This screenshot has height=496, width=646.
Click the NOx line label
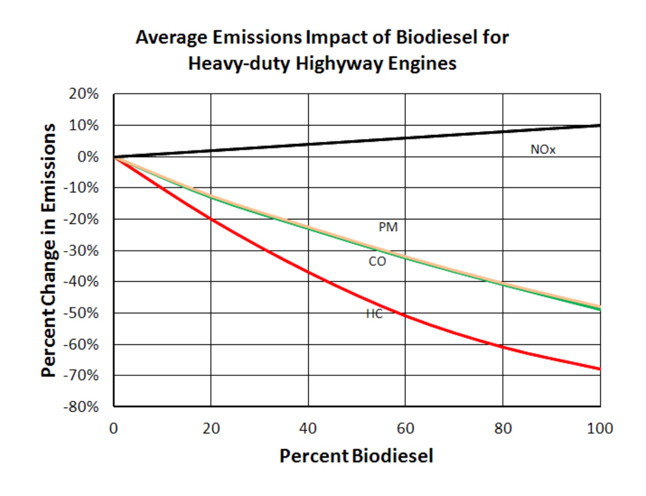pos(543,149)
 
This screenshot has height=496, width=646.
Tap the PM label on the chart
pos(388,227)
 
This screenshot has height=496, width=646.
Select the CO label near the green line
pos(377,261)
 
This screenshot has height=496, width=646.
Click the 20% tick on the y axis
pos(83,94)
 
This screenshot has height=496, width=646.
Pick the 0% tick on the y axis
pos(88,157)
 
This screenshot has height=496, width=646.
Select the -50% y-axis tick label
pos(81,313)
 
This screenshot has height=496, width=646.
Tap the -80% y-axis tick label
pos(81,407)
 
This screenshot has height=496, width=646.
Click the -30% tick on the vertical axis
pos(81,251)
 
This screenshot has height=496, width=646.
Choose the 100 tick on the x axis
pos(600,428)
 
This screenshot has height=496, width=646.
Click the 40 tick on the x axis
pos(308,428)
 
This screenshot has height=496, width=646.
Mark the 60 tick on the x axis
pos(405,428)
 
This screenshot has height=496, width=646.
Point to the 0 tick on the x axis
pos(113,428)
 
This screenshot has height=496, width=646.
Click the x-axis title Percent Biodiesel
pos(356,456)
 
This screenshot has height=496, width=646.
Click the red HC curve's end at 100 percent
pos(599,369)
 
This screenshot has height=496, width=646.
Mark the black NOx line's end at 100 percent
pos(599,125)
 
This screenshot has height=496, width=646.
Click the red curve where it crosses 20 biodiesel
pos(211,219)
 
